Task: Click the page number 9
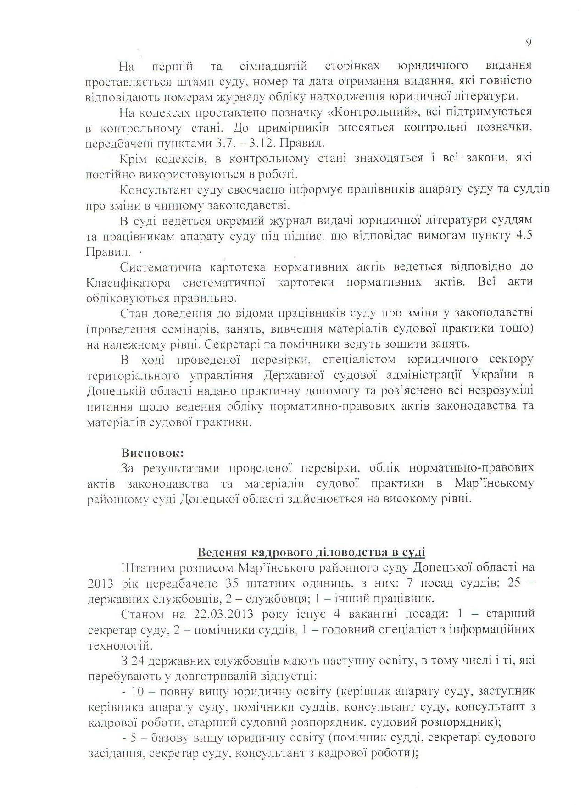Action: pos(528,42)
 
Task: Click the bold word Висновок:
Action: pos(152,453)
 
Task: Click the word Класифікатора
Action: pos(128,283)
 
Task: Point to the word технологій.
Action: pos(119,645)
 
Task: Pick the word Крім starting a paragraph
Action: pos(132,159)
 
